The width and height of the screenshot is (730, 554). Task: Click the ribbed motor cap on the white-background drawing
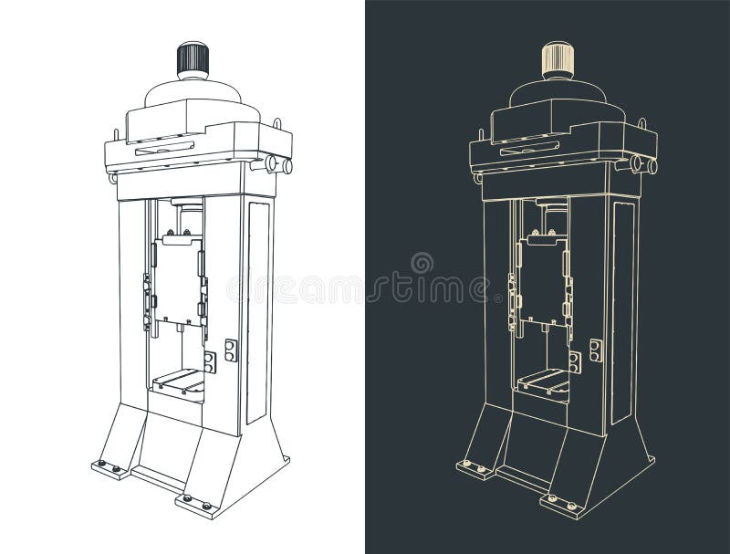click(x=193, y=60)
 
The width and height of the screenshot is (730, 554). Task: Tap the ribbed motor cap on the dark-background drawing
click(x=557, y=60)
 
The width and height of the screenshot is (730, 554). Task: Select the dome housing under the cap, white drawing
click(x=193, y=92)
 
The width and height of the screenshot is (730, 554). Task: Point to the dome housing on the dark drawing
click(x=557, y=92)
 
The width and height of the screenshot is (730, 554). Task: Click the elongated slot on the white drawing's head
click(x=165, y=147)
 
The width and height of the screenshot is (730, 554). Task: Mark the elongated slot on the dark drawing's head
click(x=529, y=147)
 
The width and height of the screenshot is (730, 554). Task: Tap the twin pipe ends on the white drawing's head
click(x=276, y=166)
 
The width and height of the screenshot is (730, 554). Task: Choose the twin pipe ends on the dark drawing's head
click(x=641, y=166)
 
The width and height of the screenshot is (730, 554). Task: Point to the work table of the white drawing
click(x=179, y=381)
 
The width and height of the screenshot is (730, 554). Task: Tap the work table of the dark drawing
click(x=544, y=381)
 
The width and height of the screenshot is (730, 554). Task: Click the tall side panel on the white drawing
click(x=258, y=310)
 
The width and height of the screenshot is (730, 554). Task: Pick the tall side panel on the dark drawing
click(x=623, y=310)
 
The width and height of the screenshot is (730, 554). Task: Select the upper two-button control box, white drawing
click(x=231, y=350)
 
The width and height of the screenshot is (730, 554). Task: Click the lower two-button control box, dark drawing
click(x=575, y=362)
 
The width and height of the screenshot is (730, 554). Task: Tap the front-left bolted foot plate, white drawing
click(x=110, y=469)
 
